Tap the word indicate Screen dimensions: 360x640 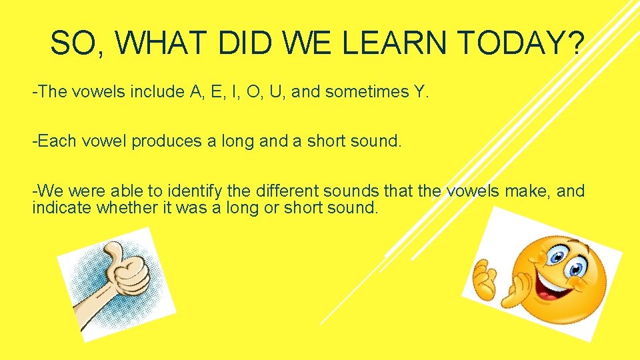[61, 207]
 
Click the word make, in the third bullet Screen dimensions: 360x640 [524, 192]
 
